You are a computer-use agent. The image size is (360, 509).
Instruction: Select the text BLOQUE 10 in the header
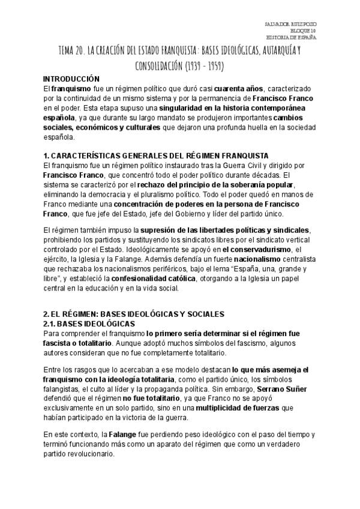pyautogui.click(x=303, y=30)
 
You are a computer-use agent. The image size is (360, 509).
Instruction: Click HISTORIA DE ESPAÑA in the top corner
pyautogui.click(x=292, y=37)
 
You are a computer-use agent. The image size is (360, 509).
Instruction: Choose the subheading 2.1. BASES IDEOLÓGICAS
pyautogui.click(x=89, y=323)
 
